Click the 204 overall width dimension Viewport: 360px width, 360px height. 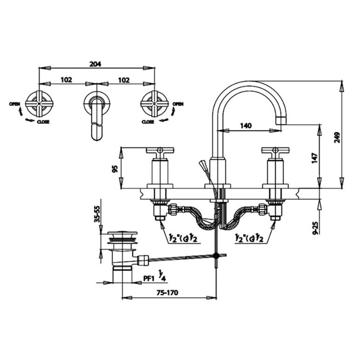click(x=95, y=64)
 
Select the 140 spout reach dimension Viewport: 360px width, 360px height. click(x=246, y=126)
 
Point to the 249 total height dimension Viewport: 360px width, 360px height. click(x=337, y=137)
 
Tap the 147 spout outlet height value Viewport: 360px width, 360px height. click(x=315, y=158)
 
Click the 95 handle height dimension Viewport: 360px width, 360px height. click(x=115, y=169)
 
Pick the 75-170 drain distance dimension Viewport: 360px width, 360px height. click(x=167, y=292)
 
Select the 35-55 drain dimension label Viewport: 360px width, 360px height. click(x=97, y=214)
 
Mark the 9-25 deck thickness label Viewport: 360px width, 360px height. click(x=316, y=228)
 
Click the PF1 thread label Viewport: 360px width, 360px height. click(x=148, y=279)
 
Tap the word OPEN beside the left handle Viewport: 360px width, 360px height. click(x=15, y=104)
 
